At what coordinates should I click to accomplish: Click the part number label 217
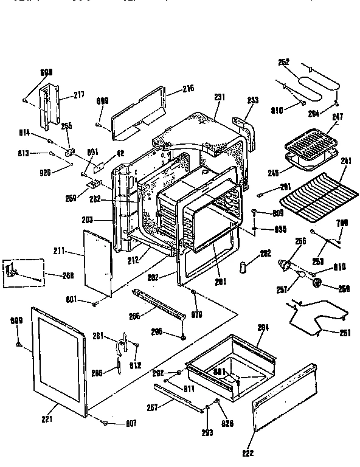(x=79, y=94)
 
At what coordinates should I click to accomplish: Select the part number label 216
(x=188, y=89)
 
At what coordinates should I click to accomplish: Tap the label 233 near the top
(x=253, y=100)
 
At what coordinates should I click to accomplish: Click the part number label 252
(x=284, y=61)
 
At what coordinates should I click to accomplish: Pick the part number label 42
(x=119, y=153)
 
